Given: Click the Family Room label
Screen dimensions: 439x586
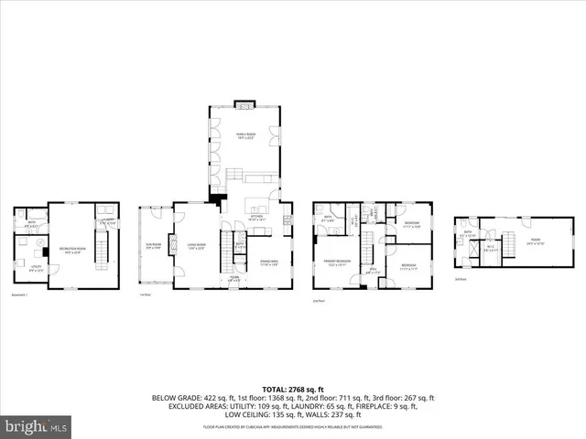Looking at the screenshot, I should (244, 135).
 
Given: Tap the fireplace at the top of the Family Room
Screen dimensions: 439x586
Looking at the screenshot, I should (244, 103).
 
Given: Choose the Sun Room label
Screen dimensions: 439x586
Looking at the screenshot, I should (153, 245).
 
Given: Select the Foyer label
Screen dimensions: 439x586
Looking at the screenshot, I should (234, 278).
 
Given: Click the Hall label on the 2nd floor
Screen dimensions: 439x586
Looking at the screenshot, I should (373, 271).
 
